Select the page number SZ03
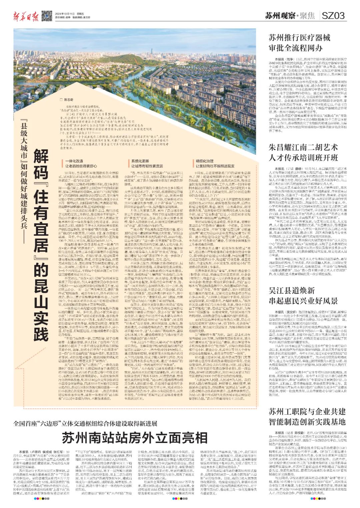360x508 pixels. (333, 15)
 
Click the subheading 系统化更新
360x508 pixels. (137, 161)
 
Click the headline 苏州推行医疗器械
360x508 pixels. (299, 38)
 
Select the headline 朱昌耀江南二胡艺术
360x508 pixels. (303, 148)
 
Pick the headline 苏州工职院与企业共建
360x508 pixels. (307, 411)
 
